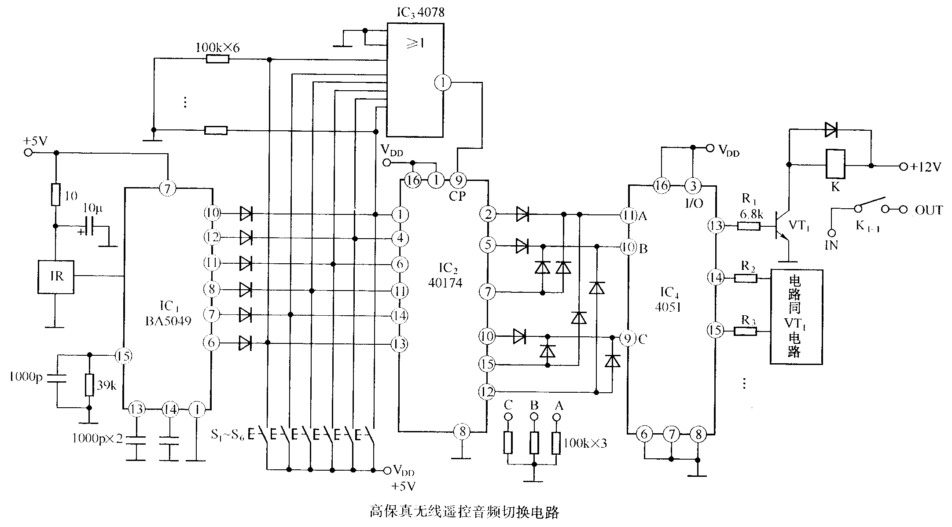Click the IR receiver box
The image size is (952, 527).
coord(56,276)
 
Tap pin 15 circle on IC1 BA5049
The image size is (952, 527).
coord(124,355)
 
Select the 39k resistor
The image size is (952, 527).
coord(89,385)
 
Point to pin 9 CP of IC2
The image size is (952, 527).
coord(458,180)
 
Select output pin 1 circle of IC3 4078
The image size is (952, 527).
coord(443,82)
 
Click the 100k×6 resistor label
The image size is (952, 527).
coord(217,48)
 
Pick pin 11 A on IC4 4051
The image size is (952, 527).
coord(627,215)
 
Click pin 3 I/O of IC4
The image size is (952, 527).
coord(693,186)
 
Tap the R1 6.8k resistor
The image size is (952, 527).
coord(748,226)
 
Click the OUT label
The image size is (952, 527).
coord(929,210)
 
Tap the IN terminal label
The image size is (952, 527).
coord(831,246)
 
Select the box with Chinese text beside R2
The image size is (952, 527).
coord(796,317)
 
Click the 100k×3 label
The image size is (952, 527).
coord(585,443)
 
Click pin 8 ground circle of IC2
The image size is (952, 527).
coord(462,432)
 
